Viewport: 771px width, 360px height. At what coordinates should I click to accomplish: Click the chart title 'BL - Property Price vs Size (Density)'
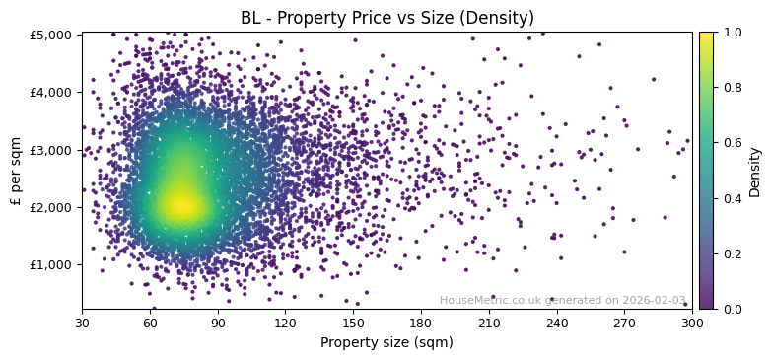[387, 18]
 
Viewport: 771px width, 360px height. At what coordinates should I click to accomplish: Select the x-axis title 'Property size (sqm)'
[386, 342]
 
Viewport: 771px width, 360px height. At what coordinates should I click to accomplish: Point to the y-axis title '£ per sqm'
[16, 171]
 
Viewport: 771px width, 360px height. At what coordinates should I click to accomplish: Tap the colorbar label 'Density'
[755, 172]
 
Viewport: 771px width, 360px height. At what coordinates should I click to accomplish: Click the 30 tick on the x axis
[82, 322]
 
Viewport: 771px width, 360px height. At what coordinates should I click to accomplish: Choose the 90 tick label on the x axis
[218, 322]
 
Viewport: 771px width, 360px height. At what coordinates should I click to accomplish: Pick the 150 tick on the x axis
[353, 322]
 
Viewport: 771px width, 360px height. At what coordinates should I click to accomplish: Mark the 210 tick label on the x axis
[489, 322]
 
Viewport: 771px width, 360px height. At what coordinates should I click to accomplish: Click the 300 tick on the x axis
[692, 322]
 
